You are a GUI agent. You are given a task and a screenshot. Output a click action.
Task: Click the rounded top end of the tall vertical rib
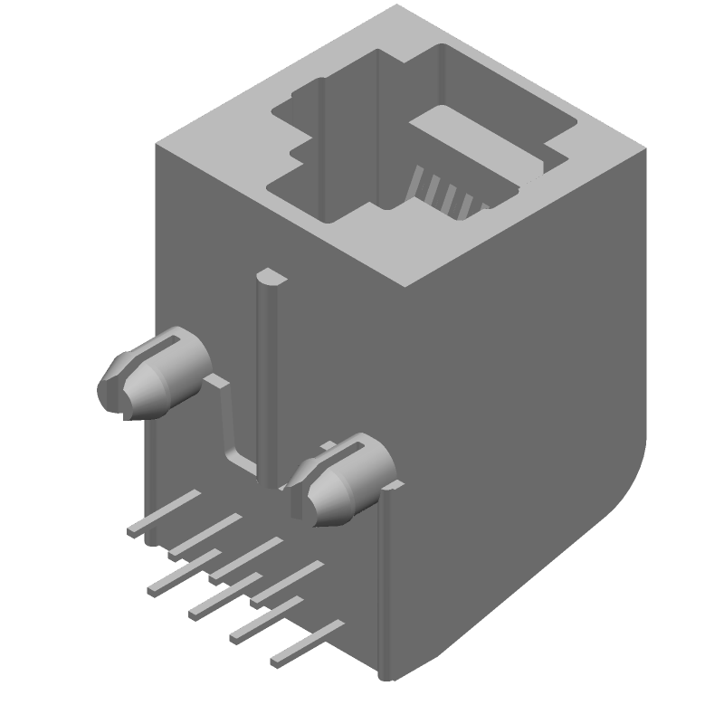[x=270, y=275]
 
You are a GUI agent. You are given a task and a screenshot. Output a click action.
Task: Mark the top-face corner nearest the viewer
[x=403, y=285]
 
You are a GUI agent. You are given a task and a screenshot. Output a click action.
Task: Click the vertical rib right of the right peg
[x=387, y=579]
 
